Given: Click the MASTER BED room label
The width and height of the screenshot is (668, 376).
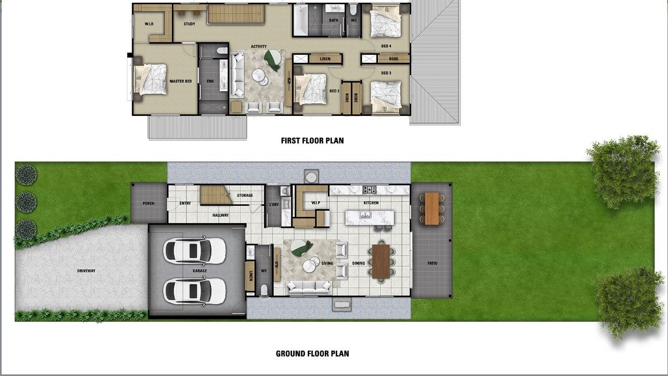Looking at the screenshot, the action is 180,81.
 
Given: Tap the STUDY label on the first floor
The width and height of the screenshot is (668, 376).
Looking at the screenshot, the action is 190,24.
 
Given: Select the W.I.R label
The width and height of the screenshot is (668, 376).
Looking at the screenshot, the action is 149,24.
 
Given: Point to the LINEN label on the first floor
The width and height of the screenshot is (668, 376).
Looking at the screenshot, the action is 325,58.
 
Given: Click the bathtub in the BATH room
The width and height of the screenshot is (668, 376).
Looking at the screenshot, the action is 301,20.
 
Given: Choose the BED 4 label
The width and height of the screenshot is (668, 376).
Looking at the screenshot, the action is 386,46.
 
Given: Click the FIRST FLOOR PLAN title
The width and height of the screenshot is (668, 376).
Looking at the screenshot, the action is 312,141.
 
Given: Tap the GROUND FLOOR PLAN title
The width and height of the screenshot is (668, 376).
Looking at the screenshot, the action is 312,353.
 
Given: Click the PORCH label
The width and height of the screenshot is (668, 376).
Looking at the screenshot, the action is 149,203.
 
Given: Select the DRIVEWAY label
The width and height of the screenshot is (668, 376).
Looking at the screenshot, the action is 86,271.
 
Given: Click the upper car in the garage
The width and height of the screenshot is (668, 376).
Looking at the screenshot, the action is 194,250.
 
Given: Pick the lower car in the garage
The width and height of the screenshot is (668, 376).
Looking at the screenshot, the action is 194,291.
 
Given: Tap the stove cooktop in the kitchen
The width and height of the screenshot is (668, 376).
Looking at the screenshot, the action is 369,189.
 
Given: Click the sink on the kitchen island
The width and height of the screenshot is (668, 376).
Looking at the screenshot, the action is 365,215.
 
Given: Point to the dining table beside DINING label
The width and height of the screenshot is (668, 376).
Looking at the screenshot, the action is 381,261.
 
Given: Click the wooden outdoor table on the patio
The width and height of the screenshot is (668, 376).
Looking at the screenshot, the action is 432,209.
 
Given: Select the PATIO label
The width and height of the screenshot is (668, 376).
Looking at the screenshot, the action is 432,263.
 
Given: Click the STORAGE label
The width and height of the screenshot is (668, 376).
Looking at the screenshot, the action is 245,195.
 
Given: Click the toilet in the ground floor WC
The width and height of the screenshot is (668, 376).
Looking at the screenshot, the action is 264,290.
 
